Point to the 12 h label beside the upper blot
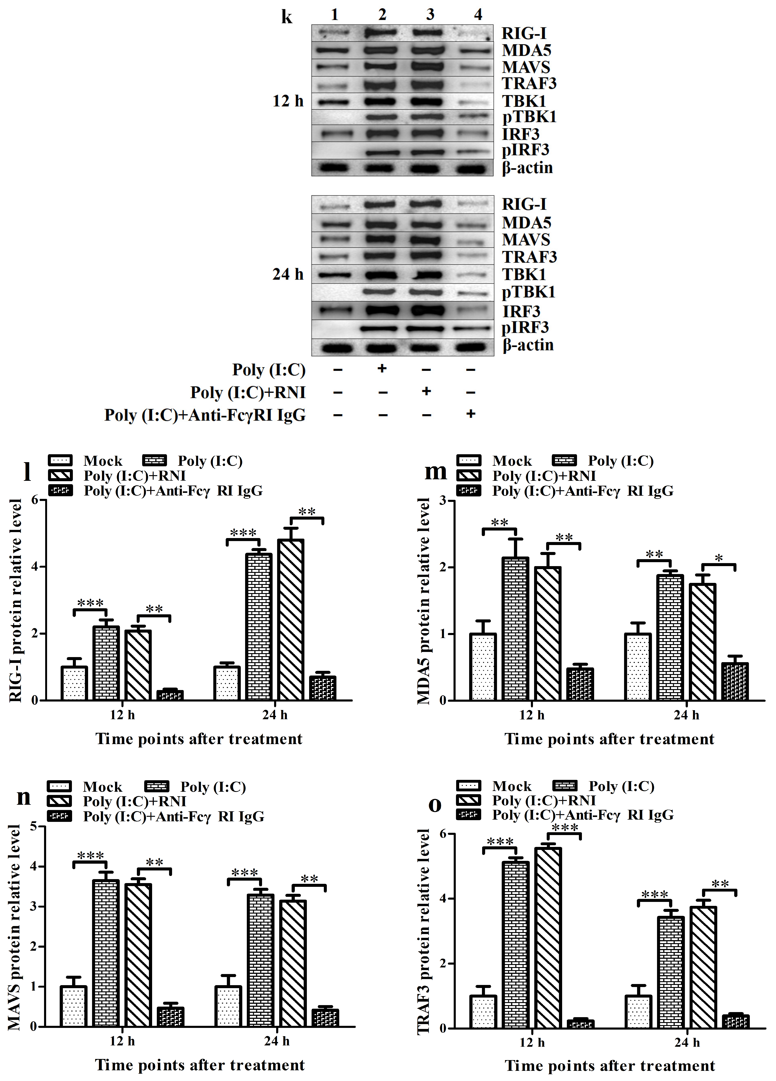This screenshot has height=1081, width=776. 288,101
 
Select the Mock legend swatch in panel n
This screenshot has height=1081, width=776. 59,786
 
